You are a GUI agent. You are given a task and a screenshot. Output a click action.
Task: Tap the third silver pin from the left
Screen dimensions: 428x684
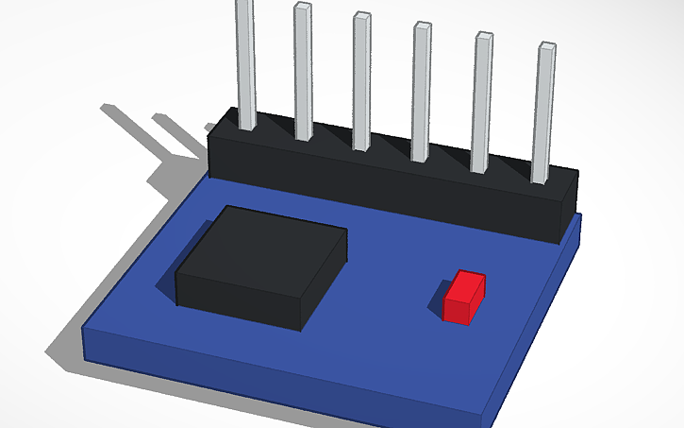tap(361, 80)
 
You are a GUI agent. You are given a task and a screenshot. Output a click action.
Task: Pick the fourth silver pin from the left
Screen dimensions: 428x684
tap(422, 90)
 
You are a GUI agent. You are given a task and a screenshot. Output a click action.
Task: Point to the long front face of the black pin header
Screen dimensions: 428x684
tap(377, 189)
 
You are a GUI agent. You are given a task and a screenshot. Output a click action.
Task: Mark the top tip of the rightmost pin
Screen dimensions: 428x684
tap(546, 45)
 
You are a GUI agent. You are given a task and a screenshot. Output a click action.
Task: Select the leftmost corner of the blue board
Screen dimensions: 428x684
tap(85, 331)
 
